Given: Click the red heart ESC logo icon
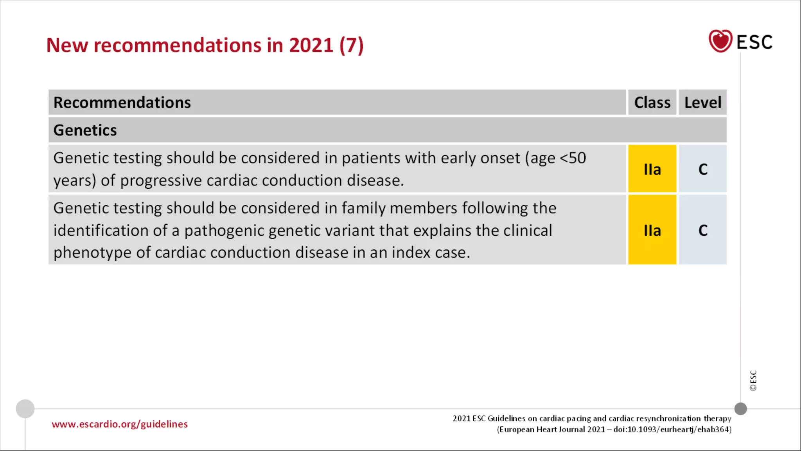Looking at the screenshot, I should [720, 41].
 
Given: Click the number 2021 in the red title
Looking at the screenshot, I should [311, 45].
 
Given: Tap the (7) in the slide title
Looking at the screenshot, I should [351, 45].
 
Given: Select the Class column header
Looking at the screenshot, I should [652, 103].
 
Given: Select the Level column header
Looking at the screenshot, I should [702, 103].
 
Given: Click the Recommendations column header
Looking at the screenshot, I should [122, 103].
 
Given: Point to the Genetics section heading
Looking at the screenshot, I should [85, 130].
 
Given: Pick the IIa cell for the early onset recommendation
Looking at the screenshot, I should [652, 169].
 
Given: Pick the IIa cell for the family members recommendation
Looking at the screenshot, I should [652, 230].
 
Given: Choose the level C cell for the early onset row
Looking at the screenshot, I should [702, 169].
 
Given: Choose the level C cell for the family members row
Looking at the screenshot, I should [702, 230].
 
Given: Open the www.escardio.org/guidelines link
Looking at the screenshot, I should [120, 424].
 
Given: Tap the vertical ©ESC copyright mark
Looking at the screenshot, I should [753, 381].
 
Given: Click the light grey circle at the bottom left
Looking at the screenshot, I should [25, 409].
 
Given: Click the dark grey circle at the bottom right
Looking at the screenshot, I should [740, 409].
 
